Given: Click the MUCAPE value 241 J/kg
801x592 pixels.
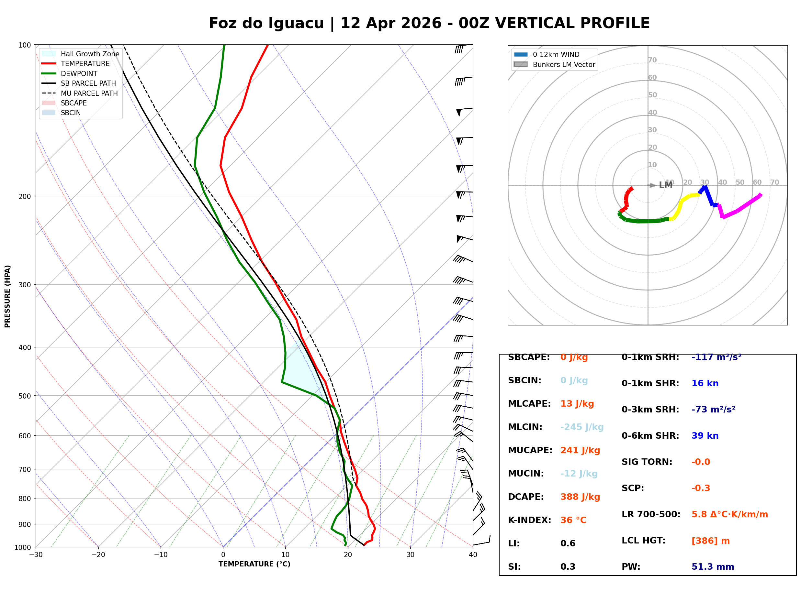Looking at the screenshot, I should [580, 450].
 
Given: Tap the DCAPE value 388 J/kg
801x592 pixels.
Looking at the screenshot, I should [580, 497].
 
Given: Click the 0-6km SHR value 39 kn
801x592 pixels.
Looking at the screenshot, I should [705, 435].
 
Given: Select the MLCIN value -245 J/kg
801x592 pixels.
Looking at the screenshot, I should [581, 427].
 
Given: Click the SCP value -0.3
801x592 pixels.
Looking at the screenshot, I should [700, 488].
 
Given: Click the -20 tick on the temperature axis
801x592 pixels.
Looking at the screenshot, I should [98, 555].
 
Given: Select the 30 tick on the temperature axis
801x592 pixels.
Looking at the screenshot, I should [410, 555].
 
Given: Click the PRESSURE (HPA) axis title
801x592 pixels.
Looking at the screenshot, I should [7, 296].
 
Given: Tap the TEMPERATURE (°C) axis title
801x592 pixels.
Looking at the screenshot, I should [254, 564].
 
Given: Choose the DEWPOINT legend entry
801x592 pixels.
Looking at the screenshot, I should [79, 73].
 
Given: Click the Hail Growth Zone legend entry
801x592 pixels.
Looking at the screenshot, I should [90, 54].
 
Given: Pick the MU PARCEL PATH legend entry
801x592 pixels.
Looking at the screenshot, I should [89, 93].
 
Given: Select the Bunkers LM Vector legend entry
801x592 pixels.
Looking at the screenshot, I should [563, 64].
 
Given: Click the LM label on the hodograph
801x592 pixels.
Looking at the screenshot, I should [665, 185].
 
